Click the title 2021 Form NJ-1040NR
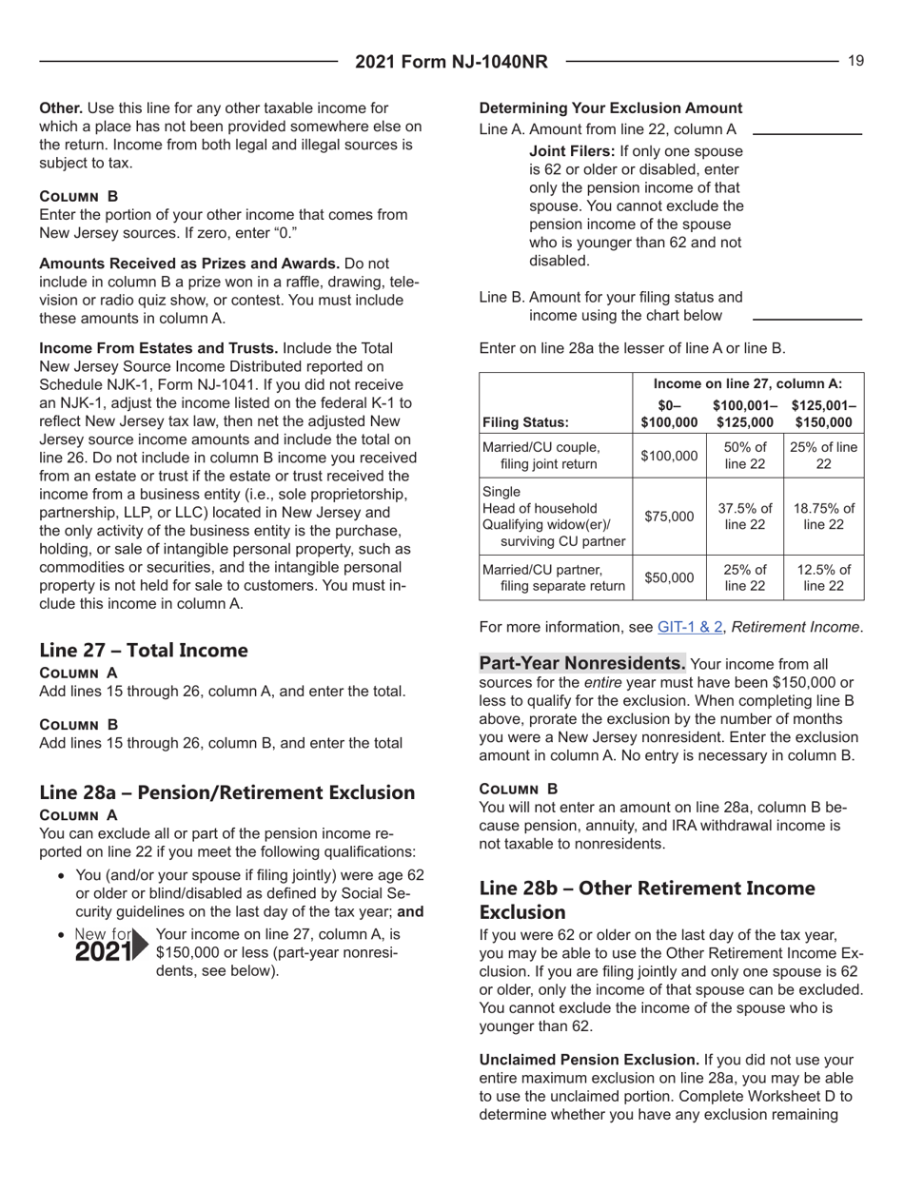(x=452, y=63)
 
